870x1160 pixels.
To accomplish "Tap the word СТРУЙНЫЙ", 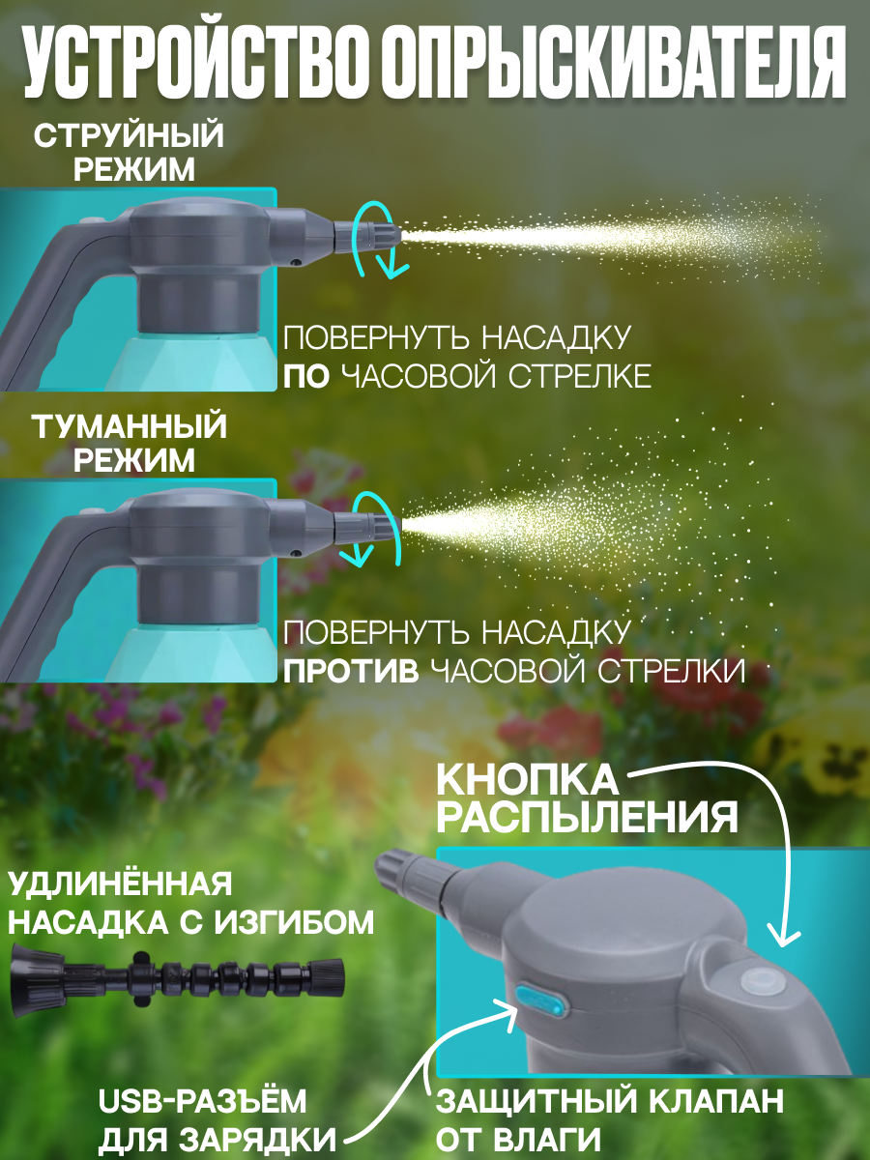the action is click(x=129, y=135).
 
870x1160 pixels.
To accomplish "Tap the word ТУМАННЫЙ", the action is click(x=129, y=424).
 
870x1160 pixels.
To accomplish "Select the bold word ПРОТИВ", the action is click(x=351, y=670).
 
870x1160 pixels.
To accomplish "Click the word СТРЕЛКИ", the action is click(x=665, y=670).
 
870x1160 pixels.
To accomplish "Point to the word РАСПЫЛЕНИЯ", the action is click(x=587, y=819).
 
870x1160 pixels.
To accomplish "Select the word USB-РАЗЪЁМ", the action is click(x=203, y=1102).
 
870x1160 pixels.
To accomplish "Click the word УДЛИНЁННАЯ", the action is click(x=120, y=884).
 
